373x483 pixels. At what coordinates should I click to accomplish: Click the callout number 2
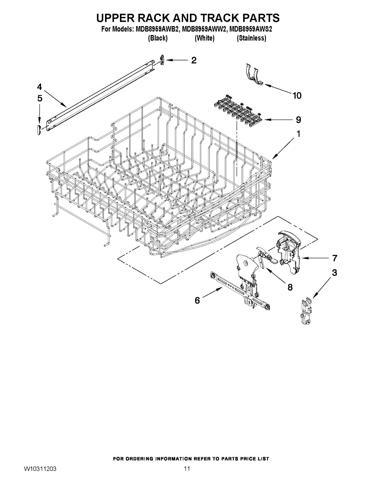[194, 60]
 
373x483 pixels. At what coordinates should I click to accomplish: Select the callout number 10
[297, 95]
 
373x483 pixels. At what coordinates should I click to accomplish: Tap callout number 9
[298, 120]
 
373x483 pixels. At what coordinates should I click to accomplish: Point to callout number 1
[298, 134]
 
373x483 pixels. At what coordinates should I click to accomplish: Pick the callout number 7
[334, 258]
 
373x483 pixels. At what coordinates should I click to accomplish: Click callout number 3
[334, 273]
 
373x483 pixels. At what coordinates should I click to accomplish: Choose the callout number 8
[290, 287]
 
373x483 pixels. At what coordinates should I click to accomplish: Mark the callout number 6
[197, 300]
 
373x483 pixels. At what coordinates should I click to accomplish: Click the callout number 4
[39, 87]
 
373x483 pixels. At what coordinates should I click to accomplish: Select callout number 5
[39, 98]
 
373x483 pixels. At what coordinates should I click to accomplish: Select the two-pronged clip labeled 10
[253, 74]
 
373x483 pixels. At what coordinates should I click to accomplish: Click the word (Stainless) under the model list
[251, 38]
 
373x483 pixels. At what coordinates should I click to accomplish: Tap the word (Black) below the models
[158, 38]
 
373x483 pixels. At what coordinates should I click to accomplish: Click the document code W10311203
[40, 469]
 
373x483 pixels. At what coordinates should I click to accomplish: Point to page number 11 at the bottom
[187, 469]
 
